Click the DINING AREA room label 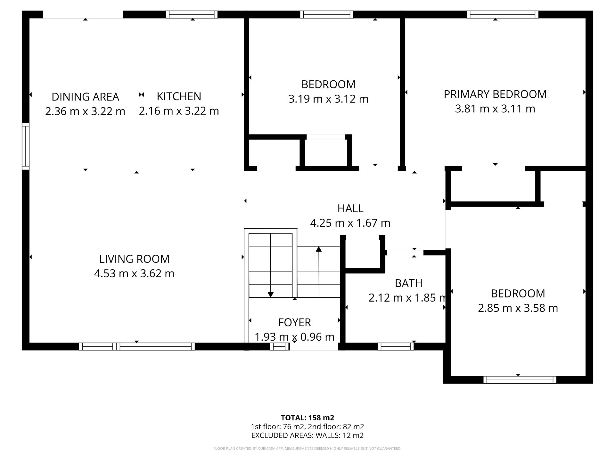point(85,97)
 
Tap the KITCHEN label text point(179,96)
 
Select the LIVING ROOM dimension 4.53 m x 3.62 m point(134,273)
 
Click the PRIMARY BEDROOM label point(495,94)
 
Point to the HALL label point(350,208)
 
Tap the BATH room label point(408,283)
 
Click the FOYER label point(295,322)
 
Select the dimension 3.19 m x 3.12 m point(328,99)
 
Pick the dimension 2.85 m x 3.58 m point(518,308)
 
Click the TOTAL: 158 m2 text point(307,418)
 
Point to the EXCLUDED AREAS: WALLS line point(307,435)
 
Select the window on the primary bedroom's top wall point(503,14)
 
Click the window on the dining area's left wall point(26,146)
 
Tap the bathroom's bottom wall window point(396,346)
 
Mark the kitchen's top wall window point(192,14)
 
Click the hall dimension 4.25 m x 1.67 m point(350,223)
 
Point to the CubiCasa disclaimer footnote point(307,449)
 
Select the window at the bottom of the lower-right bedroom point(520,380)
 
